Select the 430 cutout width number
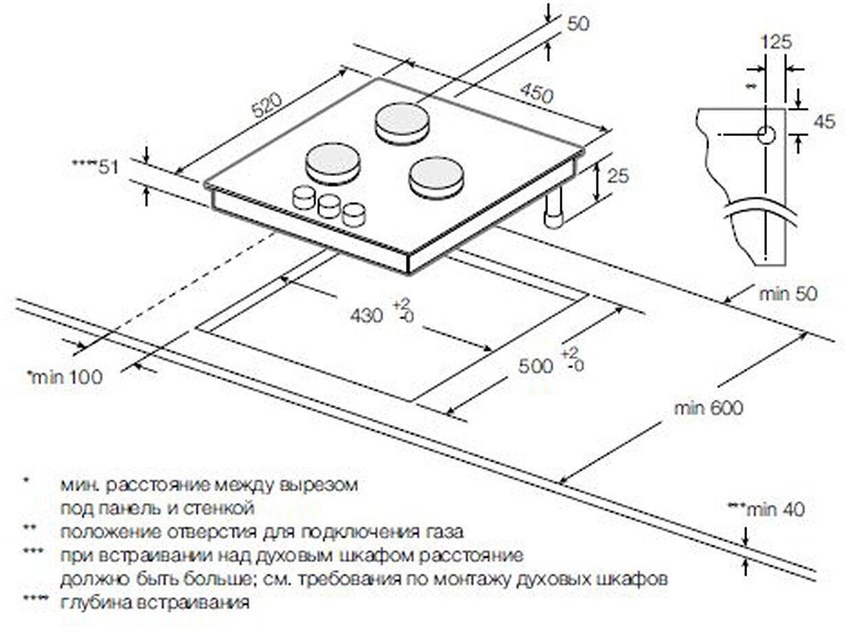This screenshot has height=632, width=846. click(365, 317)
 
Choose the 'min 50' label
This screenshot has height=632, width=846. click(789, 294)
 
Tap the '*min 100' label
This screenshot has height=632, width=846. click(63, 376)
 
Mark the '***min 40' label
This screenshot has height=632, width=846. click(766, 509)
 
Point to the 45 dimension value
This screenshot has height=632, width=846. click(823, 122)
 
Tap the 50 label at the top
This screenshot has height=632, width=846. click(579, 24)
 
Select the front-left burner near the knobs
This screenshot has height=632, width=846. click(332, 163)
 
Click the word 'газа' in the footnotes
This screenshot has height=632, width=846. click(442, 532)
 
